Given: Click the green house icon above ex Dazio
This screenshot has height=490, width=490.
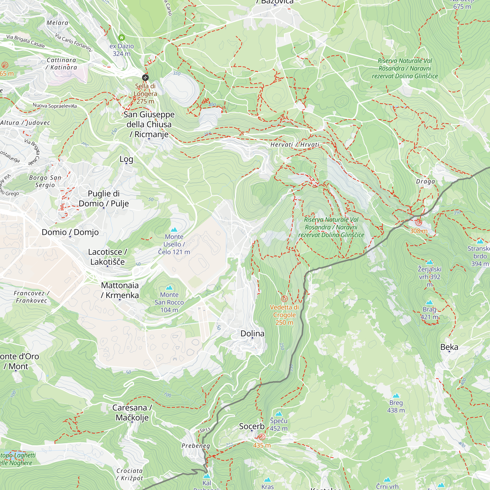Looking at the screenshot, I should (122, 38).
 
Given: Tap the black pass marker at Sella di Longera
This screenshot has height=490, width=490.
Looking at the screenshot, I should (145, 78).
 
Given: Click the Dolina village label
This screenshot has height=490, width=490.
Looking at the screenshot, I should (252, 333).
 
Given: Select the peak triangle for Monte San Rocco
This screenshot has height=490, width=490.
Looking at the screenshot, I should (169, 288).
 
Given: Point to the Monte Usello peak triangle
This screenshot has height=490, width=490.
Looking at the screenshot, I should (174, 230).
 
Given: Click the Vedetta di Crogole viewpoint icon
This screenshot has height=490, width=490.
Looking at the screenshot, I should (284, 299).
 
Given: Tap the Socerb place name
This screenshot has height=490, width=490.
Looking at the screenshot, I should (252, 426).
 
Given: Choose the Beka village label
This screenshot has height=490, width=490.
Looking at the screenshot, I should (449, 347).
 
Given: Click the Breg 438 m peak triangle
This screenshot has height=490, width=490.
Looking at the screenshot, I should (396, 396).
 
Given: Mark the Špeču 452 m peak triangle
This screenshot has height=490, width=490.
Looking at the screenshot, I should (279, 414).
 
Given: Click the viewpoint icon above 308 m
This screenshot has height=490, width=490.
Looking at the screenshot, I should (419, 222).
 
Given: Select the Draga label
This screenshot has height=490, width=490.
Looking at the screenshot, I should (426, 182).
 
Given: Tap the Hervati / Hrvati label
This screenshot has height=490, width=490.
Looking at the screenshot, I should (295, 145).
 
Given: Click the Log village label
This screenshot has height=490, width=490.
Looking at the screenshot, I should (126, 159).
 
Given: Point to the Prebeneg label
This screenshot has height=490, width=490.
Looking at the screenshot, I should (196, 446).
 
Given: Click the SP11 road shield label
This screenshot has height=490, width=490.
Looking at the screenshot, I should (205, 430).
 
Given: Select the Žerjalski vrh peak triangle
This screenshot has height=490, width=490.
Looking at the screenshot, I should (430, 262).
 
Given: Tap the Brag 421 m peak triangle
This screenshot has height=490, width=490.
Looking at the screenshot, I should (429, 302).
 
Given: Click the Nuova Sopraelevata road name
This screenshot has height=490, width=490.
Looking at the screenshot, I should (55, 106).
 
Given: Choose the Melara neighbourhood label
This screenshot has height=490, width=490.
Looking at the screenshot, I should (58, 23).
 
